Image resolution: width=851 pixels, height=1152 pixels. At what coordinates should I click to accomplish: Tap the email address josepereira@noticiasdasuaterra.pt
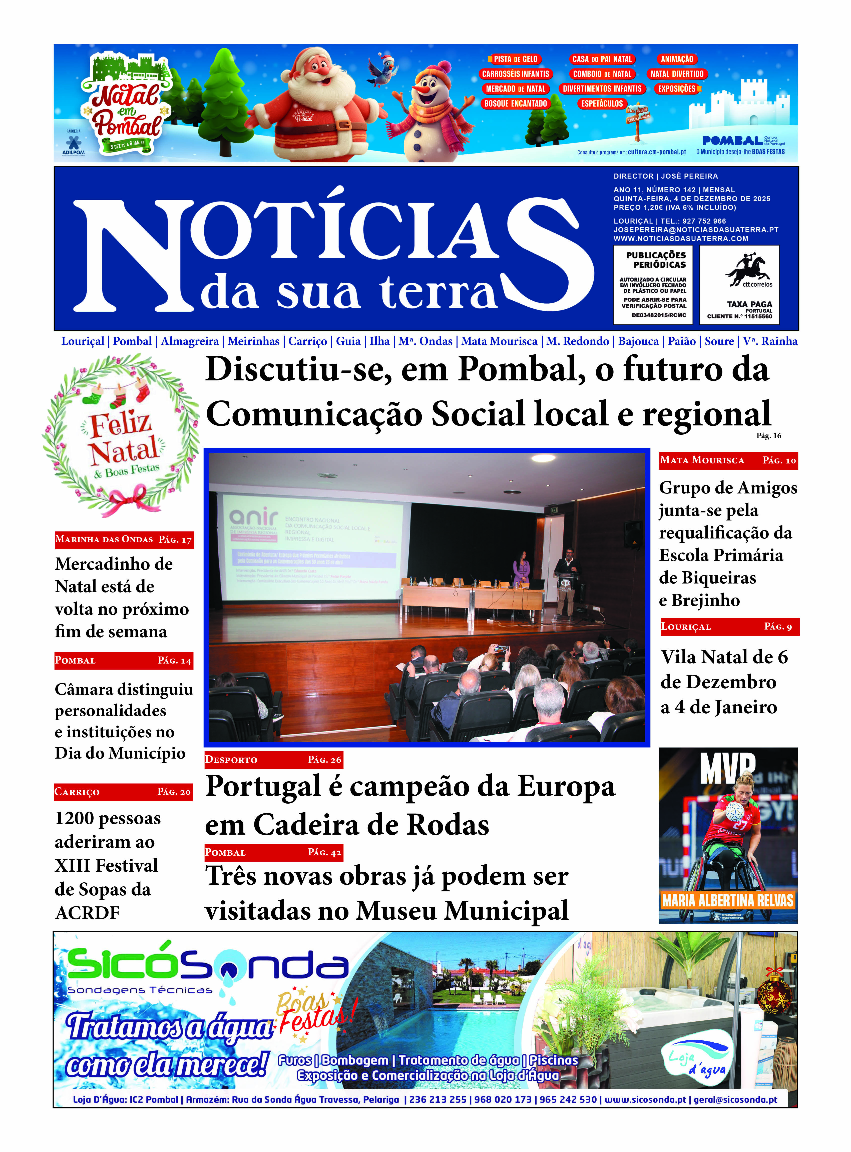(x=695, y=230)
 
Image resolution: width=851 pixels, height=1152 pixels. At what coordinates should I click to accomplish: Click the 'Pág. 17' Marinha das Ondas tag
(x=175, y=539)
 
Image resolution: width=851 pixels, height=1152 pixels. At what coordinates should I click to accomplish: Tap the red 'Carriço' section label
(x=77, y=792)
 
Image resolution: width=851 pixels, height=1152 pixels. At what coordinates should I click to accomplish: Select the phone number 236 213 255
(x=437, y=1099)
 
